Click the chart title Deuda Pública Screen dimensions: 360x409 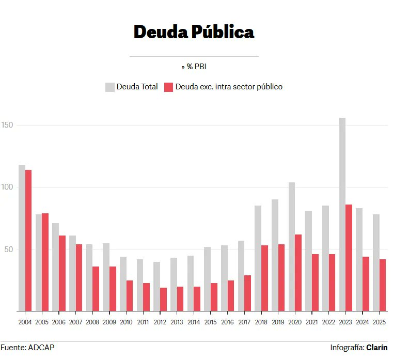194,32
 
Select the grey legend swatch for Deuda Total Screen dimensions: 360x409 109,87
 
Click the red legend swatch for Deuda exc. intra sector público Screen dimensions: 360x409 168,87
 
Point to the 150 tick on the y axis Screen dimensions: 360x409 7,125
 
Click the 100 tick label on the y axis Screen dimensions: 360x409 7,187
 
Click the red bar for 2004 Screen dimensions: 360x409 28,240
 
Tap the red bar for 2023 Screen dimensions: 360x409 349,258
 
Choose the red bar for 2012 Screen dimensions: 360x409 163,299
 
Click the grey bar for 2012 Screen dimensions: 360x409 156,286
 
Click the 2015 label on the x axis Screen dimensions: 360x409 210,322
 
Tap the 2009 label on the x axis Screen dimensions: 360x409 109,322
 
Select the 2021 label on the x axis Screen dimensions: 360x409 311,322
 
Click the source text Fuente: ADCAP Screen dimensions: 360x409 27,348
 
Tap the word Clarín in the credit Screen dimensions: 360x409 377,348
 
